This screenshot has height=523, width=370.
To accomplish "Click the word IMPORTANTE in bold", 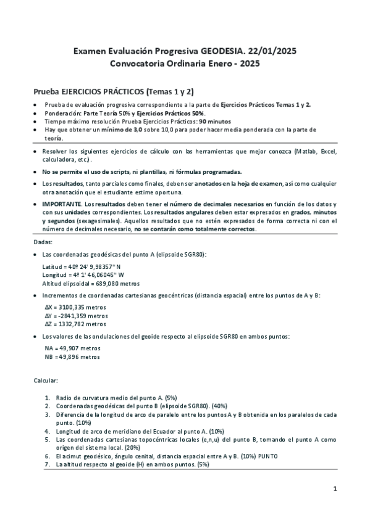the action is (x=61, y=204).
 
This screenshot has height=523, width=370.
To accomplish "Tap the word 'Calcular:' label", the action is (x=45, y=381).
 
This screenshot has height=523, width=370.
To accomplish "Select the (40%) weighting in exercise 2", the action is (x=219, y=406).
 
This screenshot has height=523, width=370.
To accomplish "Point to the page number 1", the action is (x=334, y=489).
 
